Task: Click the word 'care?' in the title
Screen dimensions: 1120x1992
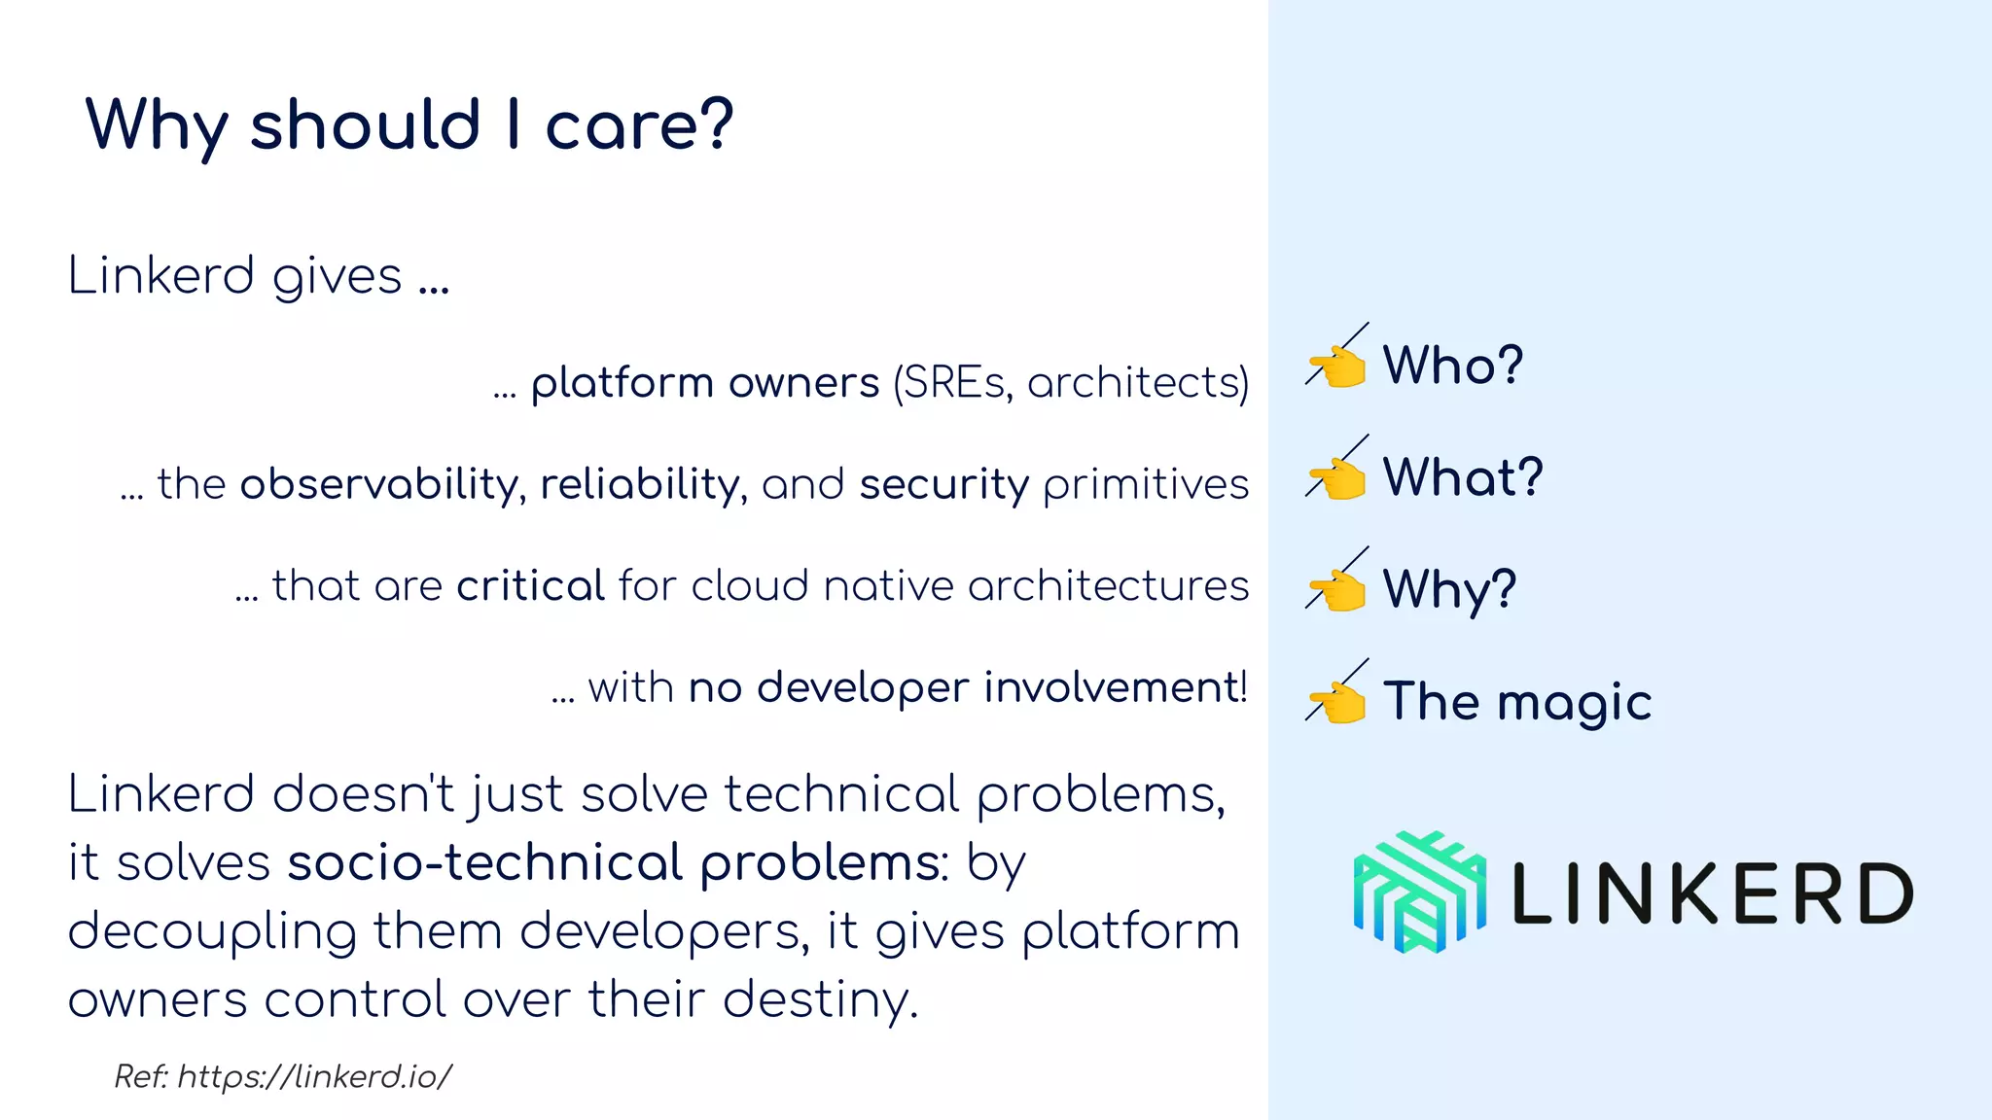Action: pos(638,126)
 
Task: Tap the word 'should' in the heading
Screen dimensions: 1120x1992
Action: pos(365,126)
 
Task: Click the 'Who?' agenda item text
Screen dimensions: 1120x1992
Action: pos(1452,366)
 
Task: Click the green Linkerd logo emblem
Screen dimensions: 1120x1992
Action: pos(1419,892)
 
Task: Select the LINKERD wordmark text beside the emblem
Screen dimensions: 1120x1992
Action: pos(1712,893)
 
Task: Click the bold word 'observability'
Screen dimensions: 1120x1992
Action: pos(379,484)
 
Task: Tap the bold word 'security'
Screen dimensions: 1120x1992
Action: pos(943,484)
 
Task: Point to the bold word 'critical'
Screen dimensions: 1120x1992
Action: pos(531,585)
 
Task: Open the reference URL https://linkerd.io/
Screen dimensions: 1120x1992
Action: pos(314,1076)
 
